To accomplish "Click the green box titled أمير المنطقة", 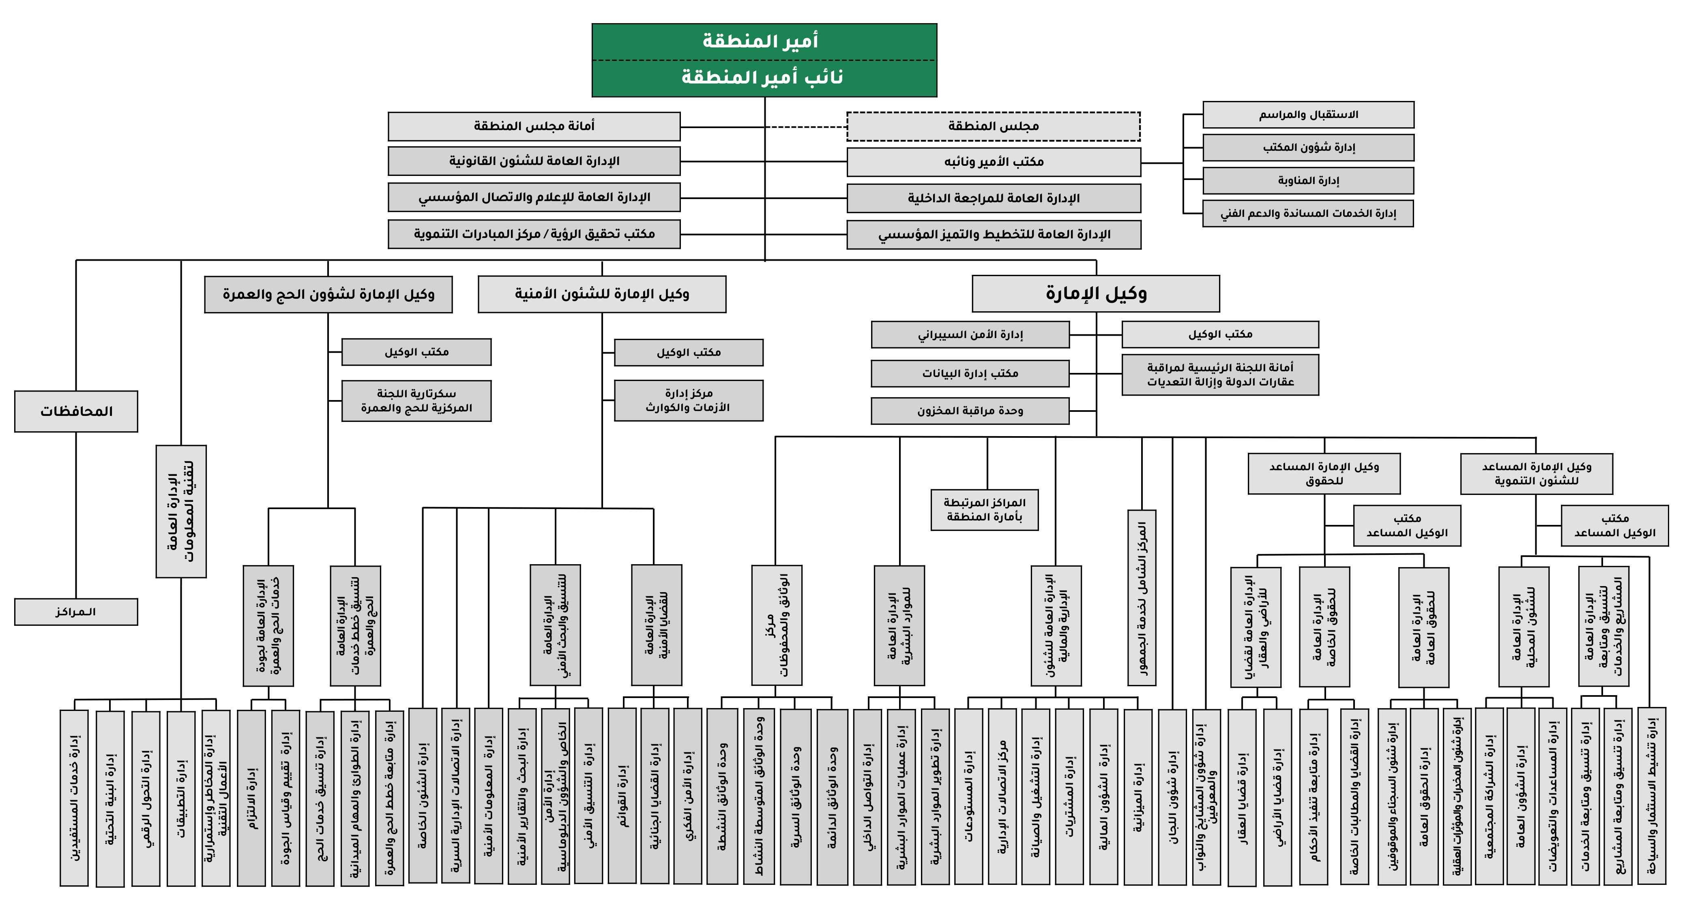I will [x=764, y=42].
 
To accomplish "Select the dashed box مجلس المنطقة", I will [x=993, y=126].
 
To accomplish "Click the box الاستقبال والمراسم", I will [x=1308, y=115].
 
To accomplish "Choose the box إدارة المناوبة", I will [x=1308, y=181].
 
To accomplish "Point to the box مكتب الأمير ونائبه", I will [x=993, y=162].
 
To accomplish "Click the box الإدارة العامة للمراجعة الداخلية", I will [x=993, y=198].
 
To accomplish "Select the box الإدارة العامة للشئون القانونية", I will [x=534, y=161].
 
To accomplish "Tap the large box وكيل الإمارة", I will [x=1095, y=293].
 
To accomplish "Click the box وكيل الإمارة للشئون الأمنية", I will [x=601, y=294].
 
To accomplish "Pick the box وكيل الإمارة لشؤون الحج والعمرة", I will [x=328, y=294].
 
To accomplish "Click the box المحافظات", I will [x=76, y=411].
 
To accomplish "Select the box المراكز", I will [x=76, y=612].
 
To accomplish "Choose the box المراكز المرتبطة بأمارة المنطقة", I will [x=984, y=510].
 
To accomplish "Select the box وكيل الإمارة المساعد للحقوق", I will [x=1324, y=473].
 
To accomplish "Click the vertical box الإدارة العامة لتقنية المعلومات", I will [x=181, y=511].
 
